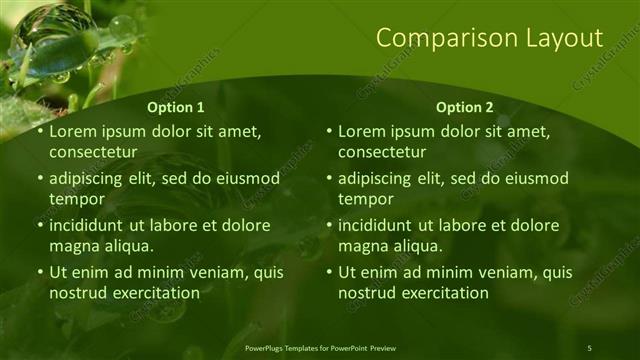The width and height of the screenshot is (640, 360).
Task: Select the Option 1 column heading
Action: (x=176, y=107)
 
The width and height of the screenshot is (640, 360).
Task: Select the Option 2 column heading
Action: (x=465, y=107)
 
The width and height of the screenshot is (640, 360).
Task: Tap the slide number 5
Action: (x=589, y=347)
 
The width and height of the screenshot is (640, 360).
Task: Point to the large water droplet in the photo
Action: (x=51, y=31)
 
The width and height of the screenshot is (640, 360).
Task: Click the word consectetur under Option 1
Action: (x=92, y=152)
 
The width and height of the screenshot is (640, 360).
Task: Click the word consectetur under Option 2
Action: (x=382, y=152)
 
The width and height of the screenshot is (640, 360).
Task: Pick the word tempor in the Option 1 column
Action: (x=73, y=199)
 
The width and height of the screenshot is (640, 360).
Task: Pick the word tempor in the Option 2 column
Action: (x=363, y=199)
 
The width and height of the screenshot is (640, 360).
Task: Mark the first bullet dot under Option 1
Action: (x=40, y=132)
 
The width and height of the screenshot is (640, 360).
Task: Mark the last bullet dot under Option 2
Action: (x=330, y=272)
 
